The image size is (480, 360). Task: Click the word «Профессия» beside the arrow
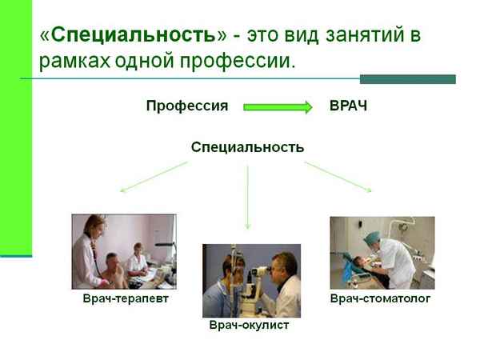(x=187, y=106)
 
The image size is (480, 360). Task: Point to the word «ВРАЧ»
(x=348, y=106)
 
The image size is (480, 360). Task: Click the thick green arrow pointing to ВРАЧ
(x=277, y=106)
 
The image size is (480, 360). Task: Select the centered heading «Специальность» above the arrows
(x=247, y=147)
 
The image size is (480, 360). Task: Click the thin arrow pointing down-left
(x=154, y=177)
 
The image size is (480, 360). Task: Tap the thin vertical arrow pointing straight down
(x=248, y=196)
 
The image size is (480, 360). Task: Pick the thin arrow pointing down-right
(x=338, y=177)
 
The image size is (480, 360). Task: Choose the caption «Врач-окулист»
(x=249, y=326)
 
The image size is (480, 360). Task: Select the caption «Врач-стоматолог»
(x=381, y=298)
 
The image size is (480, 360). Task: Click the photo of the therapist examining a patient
(x=124, y=251)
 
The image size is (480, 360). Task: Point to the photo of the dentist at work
(x=382, y=253)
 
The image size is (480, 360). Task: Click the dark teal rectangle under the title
(x=407, y=79)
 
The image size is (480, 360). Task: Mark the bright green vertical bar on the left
(x=16, y=128)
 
